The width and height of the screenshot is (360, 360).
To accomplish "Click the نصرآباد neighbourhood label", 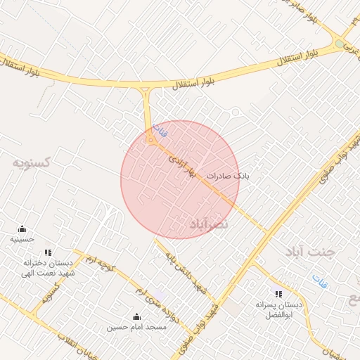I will tap(210, 224).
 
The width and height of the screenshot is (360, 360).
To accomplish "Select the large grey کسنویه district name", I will tap(32, 162).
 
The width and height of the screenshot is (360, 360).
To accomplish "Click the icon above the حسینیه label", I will tap(22, 229).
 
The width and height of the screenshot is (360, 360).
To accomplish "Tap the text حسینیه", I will tap(22, 240).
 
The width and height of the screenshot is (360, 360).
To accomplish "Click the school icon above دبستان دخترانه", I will tap(48, 252).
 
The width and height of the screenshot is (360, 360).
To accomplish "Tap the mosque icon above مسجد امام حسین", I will tap(136, 317).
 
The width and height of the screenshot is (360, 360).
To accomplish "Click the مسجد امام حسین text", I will tap(136, 328).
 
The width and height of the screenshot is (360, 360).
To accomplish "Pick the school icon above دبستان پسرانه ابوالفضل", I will tap(278, 294).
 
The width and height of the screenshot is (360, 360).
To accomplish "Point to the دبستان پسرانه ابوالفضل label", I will tap(281, 310).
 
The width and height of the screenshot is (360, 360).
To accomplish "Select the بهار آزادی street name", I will tap(180, 166).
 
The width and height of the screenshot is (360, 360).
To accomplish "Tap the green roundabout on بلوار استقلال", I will tap(340, 44).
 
